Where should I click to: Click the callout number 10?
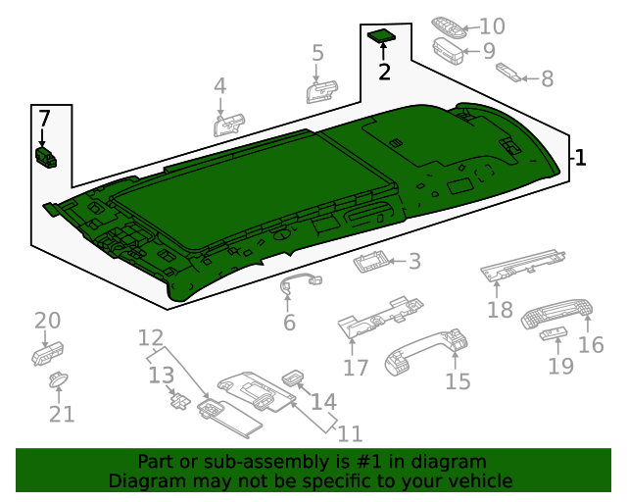coord(492,25)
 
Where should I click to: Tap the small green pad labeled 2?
coord(381,37)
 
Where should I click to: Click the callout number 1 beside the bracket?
coord(580,157)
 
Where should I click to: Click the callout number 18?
coord(500,310)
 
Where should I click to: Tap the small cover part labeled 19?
coord(553,336)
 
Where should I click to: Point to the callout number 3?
coord(414,261)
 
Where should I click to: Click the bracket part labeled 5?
coord(321,90)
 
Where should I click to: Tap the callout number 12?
coord(150,338)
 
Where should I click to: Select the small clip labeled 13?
coord(179,397)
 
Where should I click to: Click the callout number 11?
coord(350,433)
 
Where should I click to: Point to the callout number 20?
coord(47,321)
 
